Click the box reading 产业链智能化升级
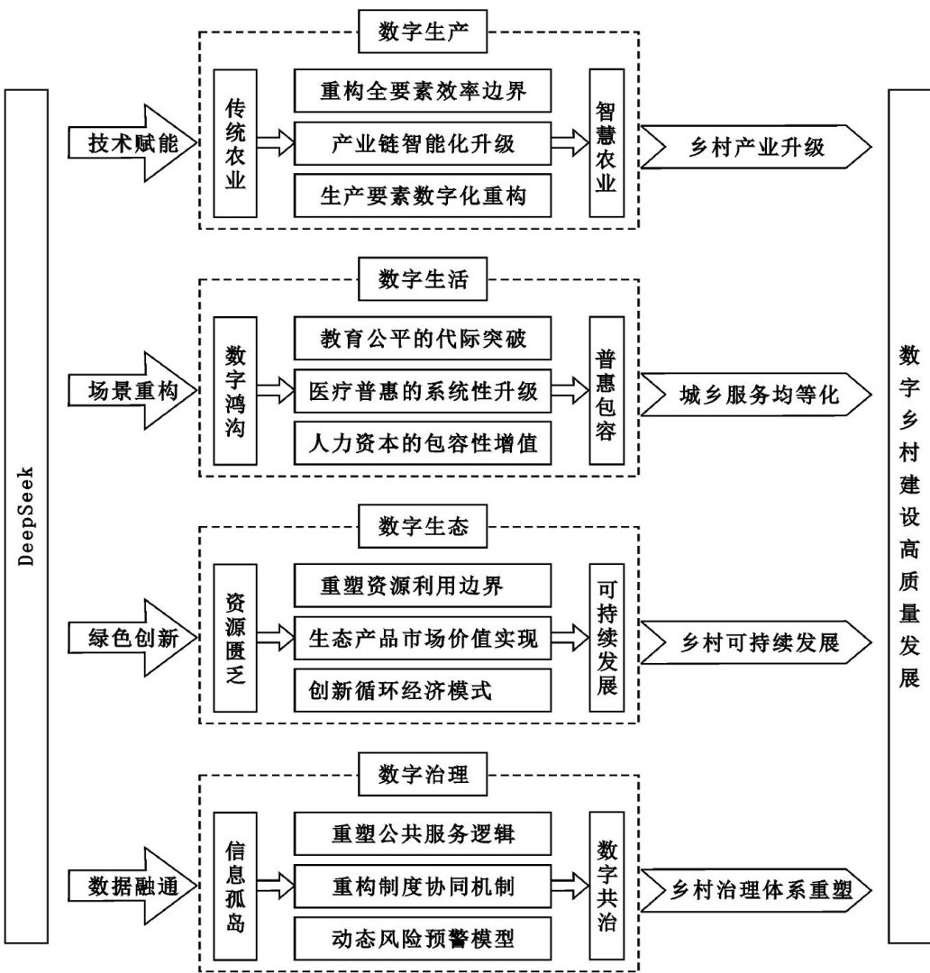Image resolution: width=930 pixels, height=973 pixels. point(422,142)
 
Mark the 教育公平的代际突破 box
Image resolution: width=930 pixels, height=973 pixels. point(422,340)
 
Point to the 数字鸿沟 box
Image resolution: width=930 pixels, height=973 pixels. point(235,391)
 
